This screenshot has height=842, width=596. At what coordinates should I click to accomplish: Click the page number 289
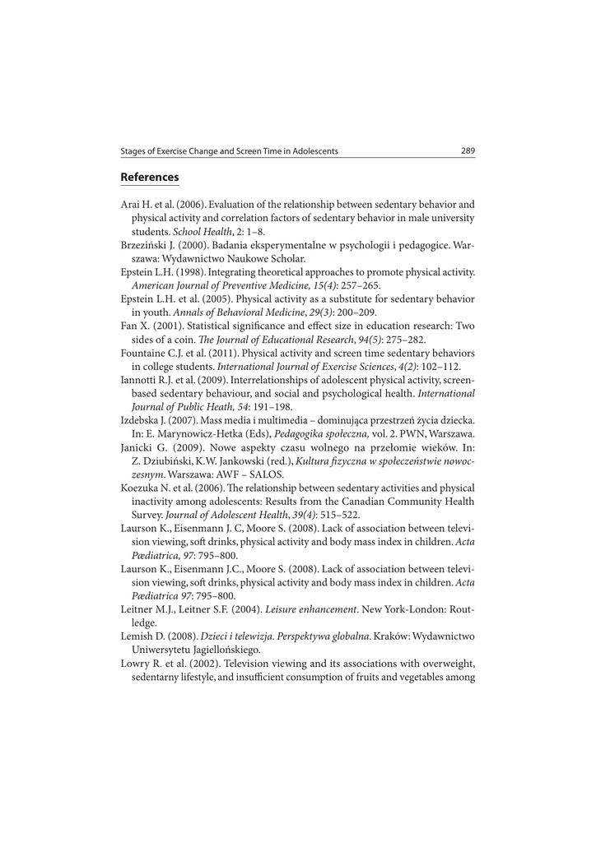468,151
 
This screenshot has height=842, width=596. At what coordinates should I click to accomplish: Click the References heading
149,177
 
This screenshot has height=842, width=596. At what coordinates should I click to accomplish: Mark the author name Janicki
137,448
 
